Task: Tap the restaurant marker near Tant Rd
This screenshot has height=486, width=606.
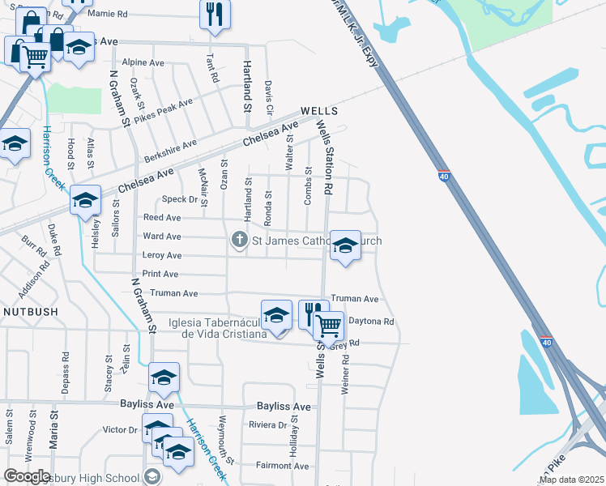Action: (215, 15)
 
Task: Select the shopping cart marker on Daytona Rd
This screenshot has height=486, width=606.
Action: (328, 325)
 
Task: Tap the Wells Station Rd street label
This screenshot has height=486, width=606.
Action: (326, 157)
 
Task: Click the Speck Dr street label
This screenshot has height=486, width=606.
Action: (180, 199)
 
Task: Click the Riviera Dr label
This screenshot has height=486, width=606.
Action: (268, 424)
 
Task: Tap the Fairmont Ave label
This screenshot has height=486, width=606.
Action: (283, 466)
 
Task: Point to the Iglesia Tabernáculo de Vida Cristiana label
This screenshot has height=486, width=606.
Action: (217, 328)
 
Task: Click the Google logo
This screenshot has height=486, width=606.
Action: (27, 476)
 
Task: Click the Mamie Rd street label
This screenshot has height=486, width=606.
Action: (107, 15)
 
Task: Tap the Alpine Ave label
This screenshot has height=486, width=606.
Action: (143, 62)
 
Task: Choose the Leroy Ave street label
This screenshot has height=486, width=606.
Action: (162, 255)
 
